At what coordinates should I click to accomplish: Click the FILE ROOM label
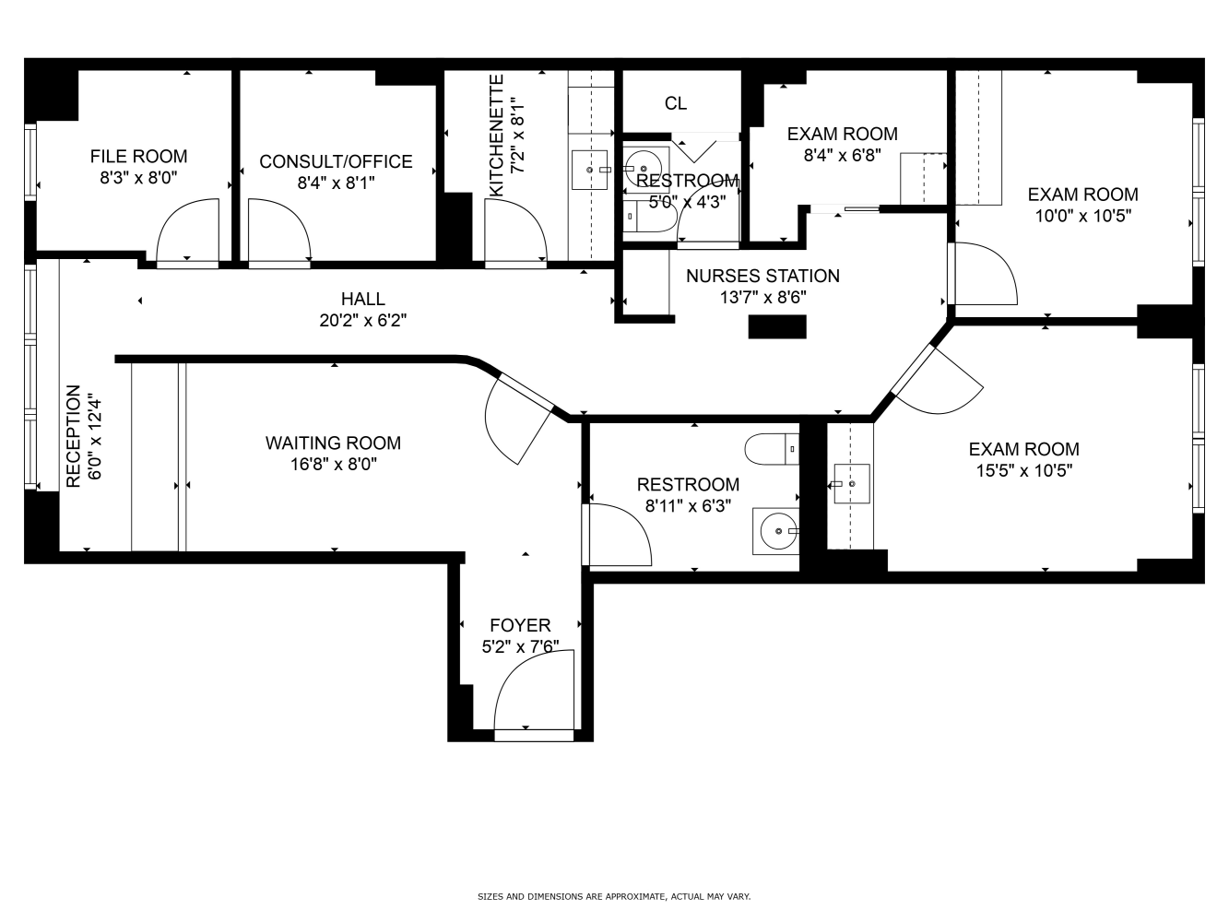pos(138,156)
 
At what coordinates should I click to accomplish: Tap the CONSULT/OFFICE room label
pos(336,161)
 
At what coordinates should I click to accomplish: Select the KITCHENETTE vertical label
pos(497,136)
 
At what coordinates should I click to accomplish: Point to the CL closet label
pos(675,103)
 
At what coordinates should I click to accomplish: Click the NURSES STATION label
pos(762,276)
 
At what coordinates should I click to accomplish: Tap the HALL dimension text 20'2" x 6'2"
pos(363,321)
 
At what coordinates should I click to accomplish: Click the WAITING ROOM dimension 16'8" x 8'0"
pos(333,465)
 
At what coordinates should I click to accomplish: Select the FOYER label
pos(520,625)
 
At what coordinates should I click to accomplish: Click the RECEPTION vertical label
pos(74,436)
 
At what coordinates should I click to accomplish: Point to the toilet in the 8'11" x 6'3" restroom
pos(772,449)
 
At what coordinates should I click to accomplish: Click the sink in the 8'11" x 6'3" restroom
pos(776,531)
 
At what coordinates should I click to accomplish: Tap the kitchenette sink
pos(589,170)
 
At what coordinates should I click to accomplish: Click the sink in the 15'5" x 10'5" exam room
pos(852,484)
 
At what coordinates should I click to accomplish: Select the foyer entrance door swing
pos(534,691)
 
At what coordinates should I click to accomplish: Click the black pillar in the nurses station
pos(777,327)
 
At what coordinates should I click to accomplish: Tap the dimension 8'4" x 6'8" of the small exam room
pos(843,155)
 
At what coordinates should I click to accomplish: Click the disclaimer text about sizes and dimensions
pos(614,896)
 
